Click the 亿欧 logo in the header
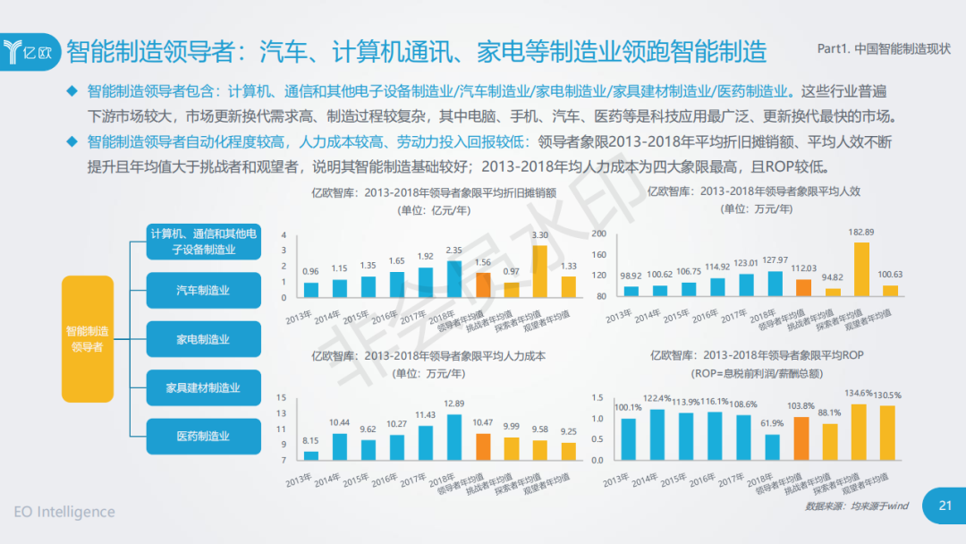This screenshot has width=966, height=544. pyautogui.click(x=31, y=50)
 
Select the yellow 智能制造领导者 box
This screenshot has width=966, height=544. pyautogui.click(x=87, y=339)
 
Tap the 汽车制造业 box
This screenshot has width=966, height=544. pyautogui.click(x=203, y=291)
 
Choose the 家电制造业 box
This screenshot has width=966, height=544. pyautogui.click(x=203, y=339)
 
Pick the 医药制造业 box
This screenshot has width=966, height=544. pyautogui.click(x=203, y=436)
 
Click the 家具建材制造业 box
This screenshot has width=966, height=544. pyautogui.click(x=203, y=388)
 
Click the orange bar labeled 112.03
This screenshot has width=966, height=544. pyautogui.click(x=804, y=287)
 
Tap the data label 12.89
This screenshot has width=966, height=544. pyautogui.click(x=454, y=404)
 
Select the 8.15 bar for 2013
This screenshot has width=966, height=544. pyautogui.click(x=311, y=455)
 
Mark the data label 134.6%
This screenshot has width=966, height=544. pyautogui.click(x=859, y=393)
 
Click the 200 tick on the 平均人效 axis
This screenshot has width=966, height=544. pyautogui.click(x=600, y=234)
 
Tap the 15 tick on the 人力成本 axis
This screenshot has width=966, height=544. pyautogui.click(x=281, y=397)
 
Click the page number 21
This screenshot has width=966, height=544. pyautogui.click(x=945, y=506)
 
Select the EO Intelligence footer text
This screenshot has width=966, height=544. pyautogui.click(x=64, y=512)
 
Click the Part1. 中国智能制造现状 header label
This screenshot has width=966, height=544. pyautogui.click(x=884, y=50)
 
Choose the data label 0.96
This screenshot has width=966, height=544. pyautogui.click(x=310, y=271)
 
